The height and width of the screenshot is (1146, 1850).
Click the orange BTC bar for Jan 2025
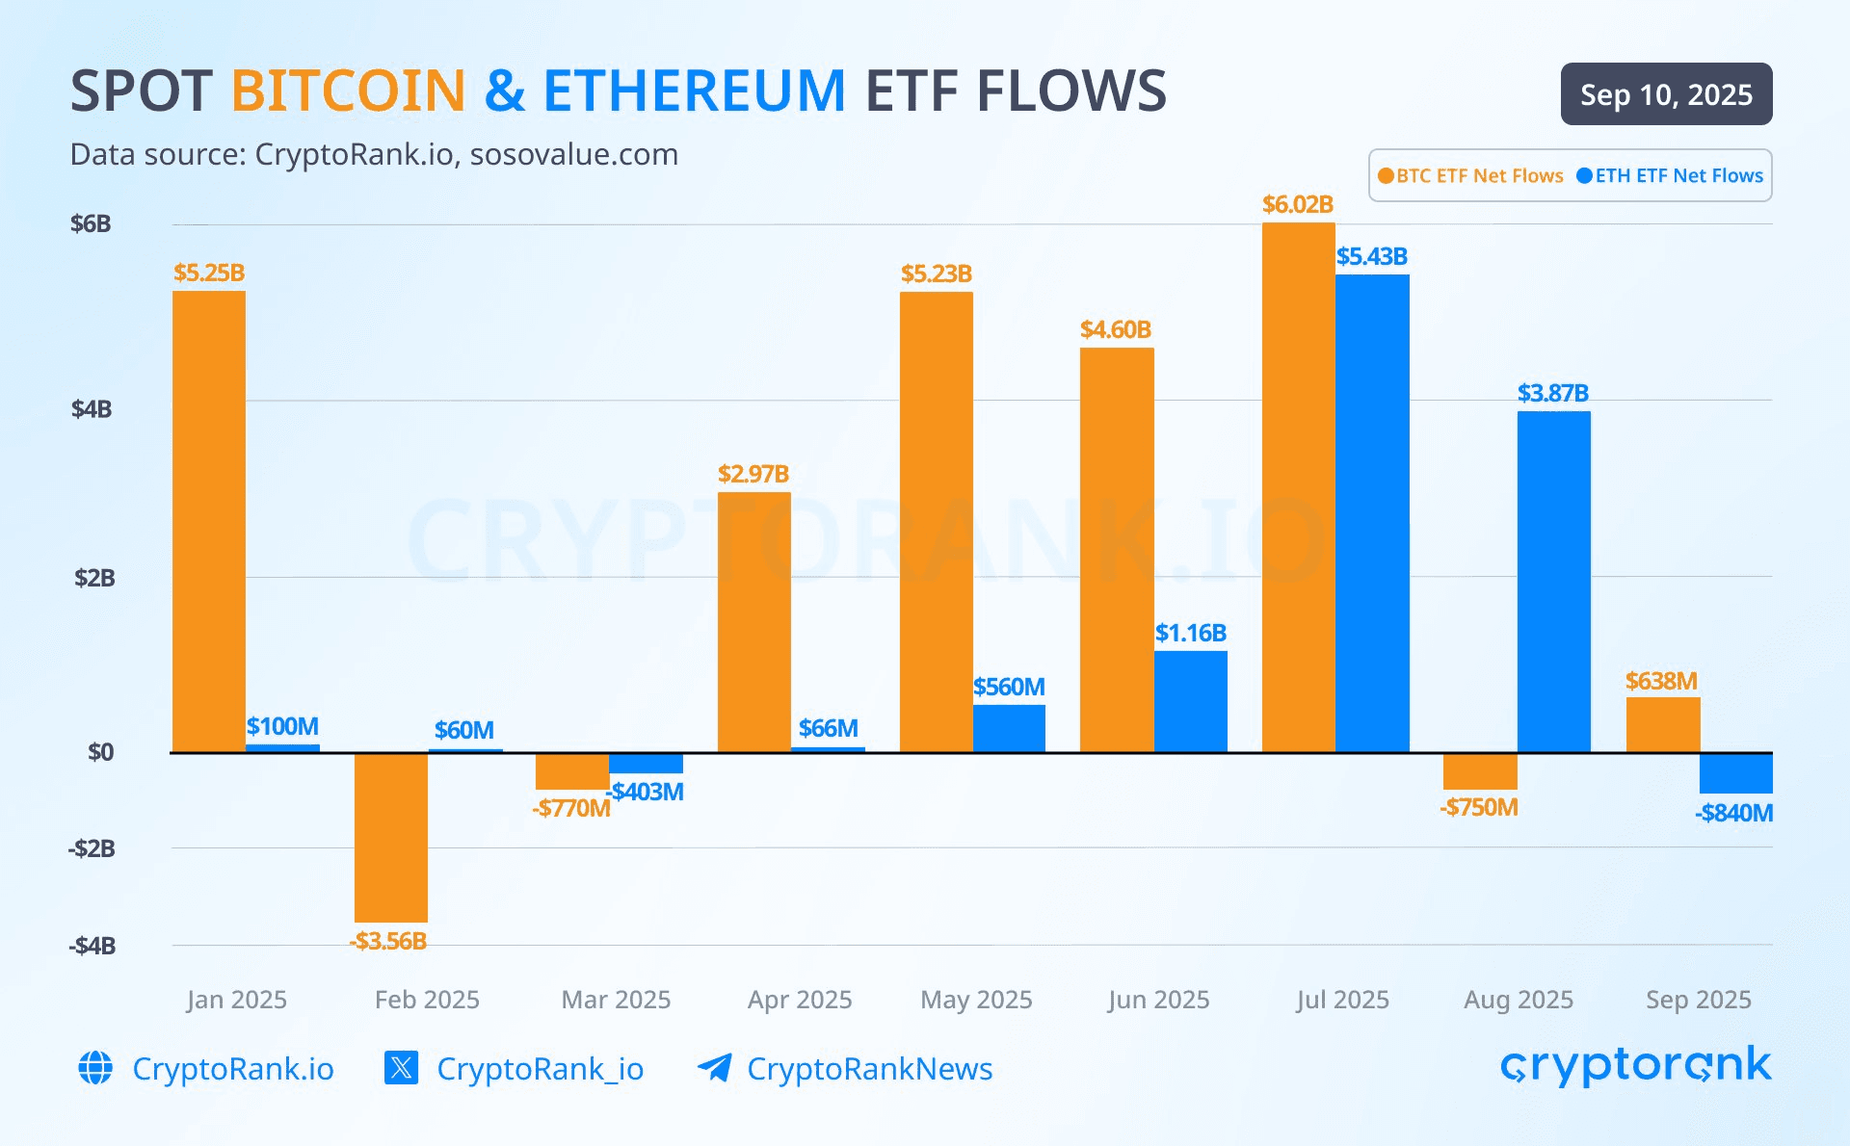click(209, 521)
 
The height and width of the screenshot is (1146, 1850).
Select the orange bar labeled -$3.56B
click(390, 837)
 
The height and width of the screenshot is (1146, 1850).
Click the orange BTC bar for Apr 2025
click(753, 622)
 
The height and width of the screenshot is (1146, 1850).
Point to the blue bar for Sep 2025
click(1735, 772)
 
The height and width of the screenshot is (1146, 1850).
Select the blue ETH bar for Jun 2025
click(1191, 701)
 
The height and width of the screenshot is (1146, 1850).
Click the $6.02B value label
click(1298, 204)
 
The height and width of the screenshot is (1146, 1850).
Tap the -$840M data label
click(1733, 813)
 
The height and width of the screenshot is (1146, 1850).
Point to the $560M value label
click(1009, 687)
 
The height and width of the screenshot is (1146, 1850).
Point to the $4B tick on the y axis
click(92, 409)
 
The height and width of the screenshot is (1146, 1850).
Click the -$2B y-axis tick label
click(92, 848)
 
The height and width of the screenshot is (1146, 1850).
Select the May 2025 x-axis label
click(976, 1000)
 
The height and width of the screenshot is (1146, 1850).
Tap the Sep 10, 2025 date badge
click(1666, 94)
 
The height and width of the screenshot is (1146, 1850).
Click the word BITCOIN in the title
click(349, 91)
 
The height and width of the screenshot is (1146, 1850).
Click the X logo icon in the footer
click(401, 1068)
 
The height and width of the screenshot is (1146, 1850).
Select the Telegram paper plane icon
click(714, 1068)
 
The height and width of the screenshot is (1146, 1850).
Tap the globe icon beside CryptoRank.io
click(95, 1068)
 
